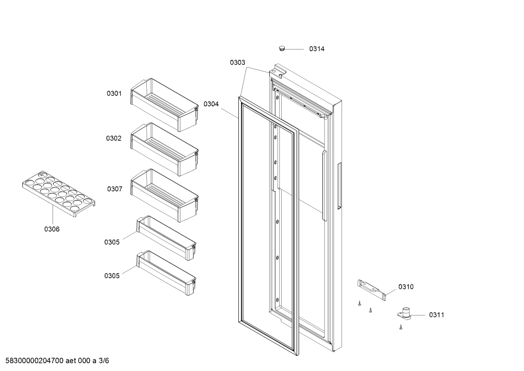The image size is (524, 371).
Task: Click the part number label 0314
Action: click(317, 49)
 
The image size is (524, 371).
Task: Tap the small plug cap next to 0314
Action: click(282, 49)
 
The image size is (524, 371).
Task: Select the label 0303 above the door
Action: click(237, 63)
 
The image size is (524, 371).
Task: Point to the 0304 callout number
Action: click(211, 104)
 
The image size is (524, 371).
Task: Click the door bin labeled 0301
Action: click(165, 105)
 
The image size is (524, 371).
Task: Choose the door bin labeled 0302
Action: click(165, 149)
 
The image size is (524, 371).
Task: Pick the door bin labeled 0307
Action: click(165, 196)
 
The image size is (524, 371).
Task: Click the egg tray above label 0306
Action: click(59, 194)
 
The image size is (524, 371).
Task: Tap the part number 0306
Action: click(52, 229)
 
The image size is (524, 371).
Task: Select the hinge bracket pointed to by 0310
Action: click(371, 290)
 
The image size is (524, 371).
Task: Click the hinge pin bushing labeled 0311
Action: click(404, 314)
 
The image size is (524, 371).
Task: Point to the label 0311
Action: click(436, 315)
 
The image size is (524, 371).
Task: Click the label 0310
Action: click(406, 287)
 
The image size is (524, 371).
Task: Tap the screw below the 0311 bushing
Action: click(401, 327)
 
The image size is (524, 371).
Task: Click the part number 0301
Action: click(114, 94)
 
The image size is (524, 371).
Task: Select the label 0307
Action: click(114, 189)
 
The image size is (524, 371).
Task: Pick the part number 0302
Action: click(114, 138)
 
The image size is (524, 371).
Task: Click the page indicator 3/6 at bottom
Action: click(104, 361)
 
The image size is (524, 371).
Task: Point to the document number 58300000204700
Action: click(35, 361)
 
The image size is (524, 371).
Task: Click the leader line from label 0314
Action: click(294, 49)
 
